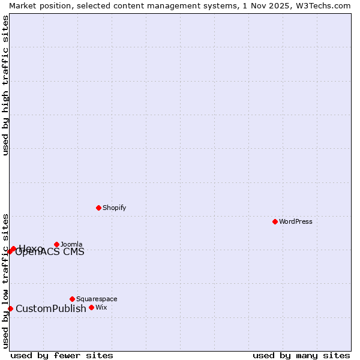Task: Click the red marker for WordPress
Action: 275,221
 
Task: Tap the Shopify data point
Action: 98,208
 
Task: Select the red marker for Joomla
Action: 57,244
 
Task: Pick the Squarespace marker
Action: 72,299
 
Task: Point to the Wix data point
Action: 91,307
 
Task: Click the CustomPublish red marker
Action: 10,308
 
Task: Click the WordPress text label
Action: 296,221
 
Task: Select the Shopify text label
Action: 114,208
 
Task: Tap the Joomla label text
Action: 71,244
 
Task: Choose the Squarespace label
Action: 97,299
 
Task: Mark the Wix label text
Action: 101,307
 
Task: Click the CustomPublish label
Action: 51,308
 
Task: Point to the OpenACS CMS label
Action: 50,253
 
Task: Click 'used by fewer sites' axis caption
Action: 62,355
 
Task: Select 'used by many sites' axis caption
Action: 301,355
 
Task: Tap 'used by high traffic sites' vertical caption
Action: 5,85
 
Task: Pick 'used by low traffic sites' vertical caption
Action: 5,280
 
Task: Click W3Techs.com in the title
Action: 322,5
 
